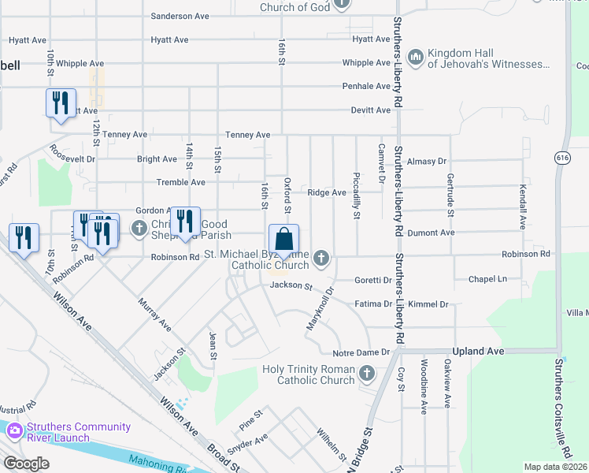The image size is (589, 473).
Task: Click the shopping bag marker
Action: [283, 240]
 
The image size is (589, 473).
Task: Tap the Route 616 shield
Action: [561, 158]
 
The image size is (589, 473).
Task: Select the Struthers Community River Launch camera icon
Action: [14, 430]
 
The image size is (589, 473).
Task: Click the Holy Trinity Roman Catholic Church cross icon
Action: [365, 373]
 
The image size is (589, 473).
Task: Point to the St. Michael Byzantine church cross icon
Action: [320, 258]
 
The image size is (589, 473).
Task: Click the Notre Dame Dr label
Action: [361, 352]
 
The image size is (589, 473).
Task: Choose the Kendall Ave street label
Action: [523, 207]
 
